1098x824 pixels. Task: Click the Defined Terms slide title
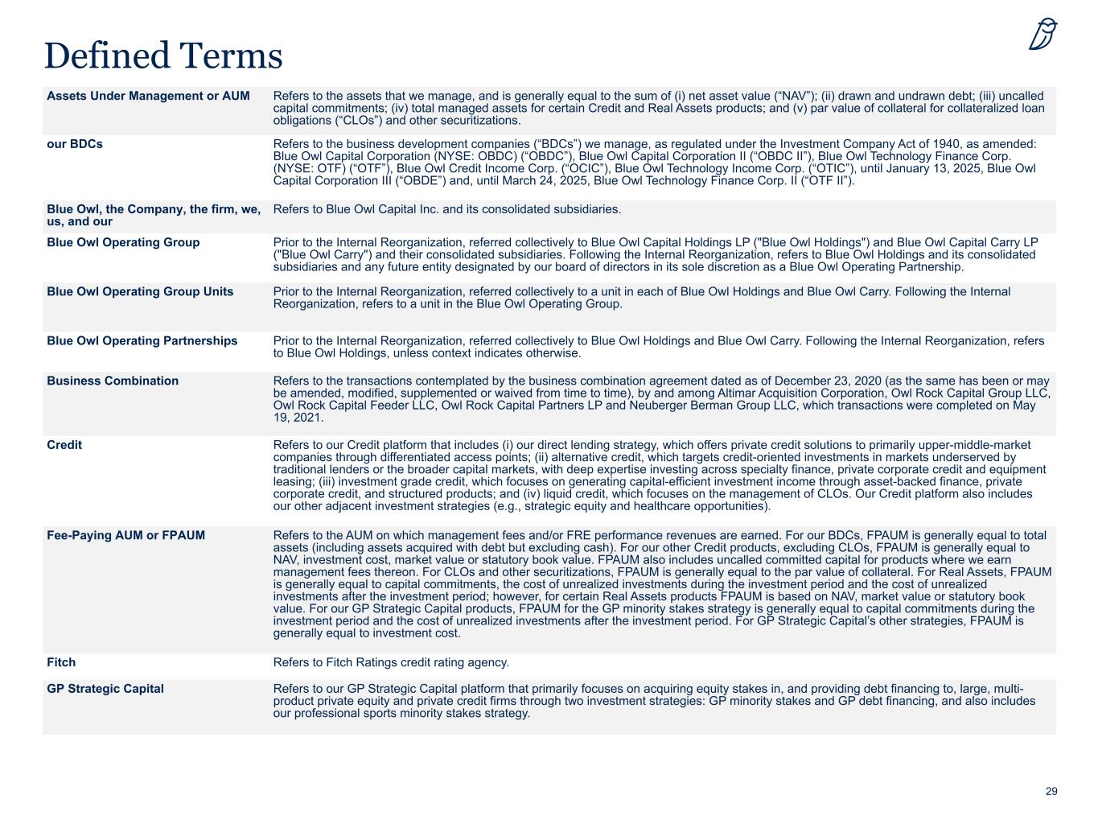(163, 56)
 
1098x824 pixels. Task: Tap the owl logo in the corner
(1042, 35)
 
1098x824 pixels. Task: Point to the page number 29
(1051, 792)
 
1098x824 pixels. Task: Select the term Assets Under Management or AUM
(148, 96)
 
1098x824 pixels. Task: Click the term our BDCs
(75, 145)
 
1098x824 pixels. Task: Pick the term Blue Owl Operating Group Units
(140, 291)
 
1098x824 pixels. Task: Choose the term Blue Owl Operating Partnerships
(142, 340)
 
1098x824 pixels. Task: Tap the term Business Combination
(113, 381)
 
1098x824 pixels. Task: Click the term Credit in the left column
(64, 445)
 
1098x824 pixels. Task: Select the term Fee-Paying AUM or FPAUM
(125, 535)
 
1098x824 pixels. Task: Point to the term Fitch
(61, 662)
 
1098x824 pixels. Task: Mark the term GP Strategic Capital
(105, 689)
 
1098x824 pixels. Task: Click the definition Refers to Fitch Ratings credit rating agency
(391, 662)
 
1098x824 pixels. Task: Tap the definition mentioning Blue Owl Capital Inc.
(447, 209)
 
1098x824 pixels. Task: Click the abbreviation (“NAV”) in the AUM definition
(789, 96)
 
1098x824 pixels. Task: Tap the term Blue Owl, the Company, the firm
(154, 209)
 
